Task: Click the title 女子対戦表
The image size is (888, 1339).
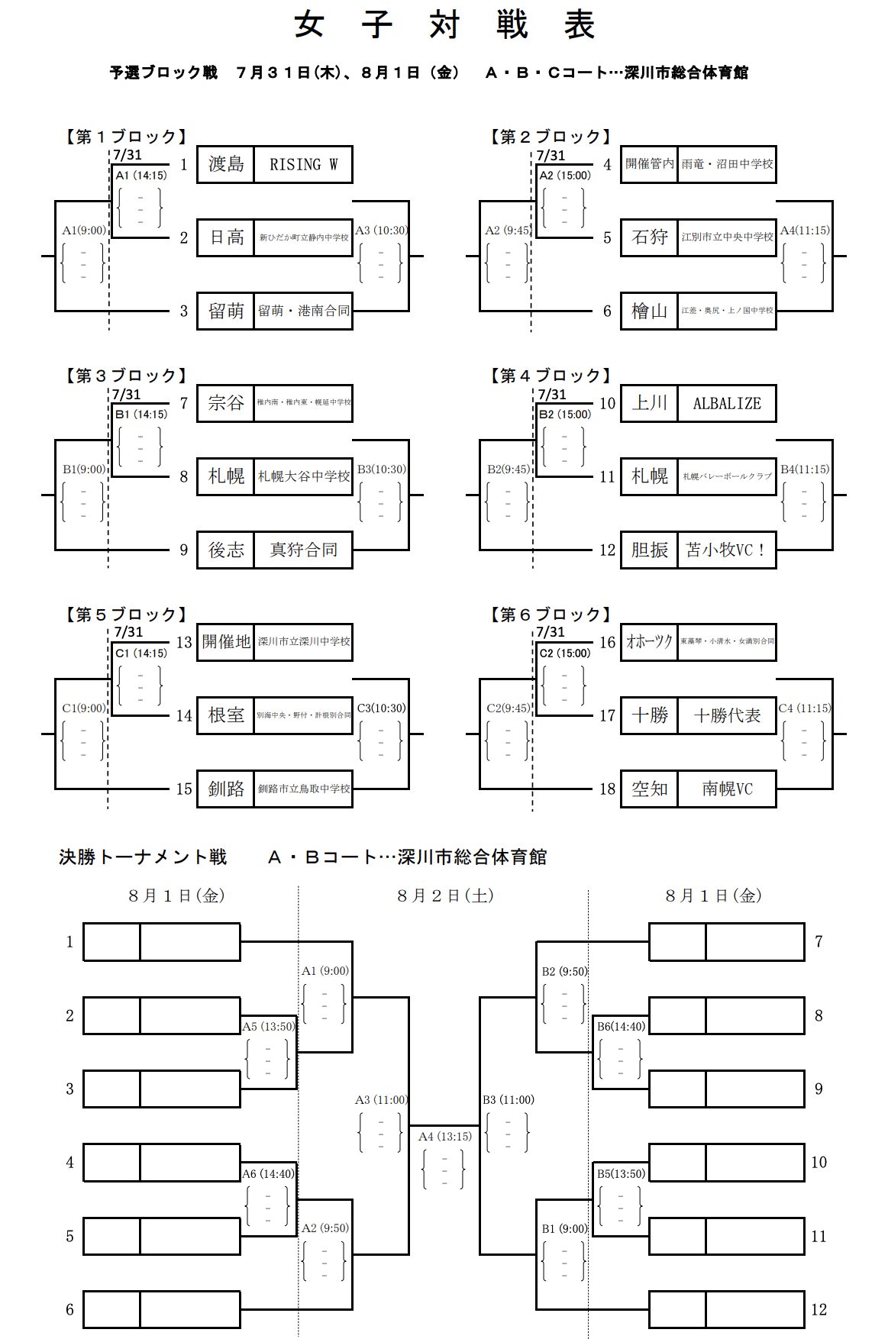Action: (444, 26)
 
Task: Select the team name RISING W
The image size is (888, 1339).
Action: (303, 164)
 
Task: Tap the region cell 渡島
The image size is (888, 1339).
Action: (226, 164)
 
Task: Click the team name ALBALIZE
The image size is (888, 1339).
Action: (726, 403)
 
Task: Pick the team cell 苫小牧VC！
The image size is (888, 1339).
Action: (726, 550)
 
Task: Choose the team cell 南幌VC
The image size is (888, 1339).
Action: (726, 789)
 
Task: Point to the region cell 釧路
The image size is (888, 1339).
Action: (226, 789)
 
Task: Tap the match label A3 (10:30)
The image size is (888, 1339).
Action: (382, 231)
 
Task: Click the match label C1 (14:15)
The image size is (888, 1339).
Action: (140, 653)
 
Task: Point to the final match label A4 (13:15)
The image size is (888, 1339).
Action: (445, 1137)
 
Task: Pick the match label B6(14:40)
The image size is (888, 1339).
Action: (620, 1027)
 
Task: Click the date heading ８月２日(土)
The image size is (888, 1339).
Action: (444, 895)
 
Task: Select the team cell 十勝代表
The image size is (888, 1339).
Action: (726, 715)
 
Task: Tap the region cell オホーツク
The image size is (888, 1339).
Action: (649, 642)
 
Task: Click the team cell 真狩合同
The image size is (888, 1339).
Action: (303, 550)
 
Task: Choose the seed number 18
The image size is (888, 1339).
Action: (607, 789)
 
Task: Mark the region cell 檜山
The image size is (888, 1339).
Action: (649, 311)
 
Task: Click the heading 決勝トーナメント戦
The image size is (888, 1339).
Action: (143, 857)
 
